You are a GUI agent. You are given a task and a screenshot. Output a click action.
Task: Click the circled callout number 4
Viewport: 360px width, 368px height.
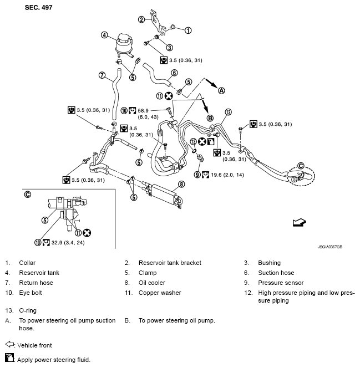click(104, 35)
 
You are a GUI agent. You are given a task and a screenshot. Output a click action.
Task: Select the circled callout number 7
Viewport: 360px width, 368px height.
click(102, 75)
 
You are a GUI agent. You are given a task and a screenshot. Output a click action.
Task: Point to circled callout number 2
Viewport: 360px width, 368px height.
click(141, 20)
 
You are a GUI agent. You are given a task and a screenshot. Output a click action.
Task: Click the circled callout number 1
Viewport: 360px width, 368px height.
click(187, 30)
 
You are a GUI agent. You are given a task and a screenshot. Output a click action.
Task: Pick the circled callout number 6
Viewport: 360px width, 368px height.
click(174, 72)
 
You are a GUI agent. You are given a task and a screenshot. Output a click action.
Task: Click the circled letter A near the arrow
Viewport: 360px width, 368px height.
click(222, 90)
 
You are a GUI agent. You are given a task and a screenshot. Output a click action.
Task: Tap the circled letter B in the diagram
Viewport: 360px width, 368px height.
click(210, 118)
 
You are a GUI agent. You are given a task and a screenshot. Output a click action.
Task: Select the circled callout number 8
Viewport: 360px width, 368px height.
click(180, 183)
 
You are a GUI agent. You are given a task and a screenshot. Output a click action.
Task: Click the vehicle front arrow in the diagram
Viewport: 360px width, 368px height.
click(299, 222)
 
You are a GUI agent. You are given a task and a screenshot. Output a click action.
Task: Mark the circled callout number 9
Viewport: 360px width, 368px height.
click(197, 174)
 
